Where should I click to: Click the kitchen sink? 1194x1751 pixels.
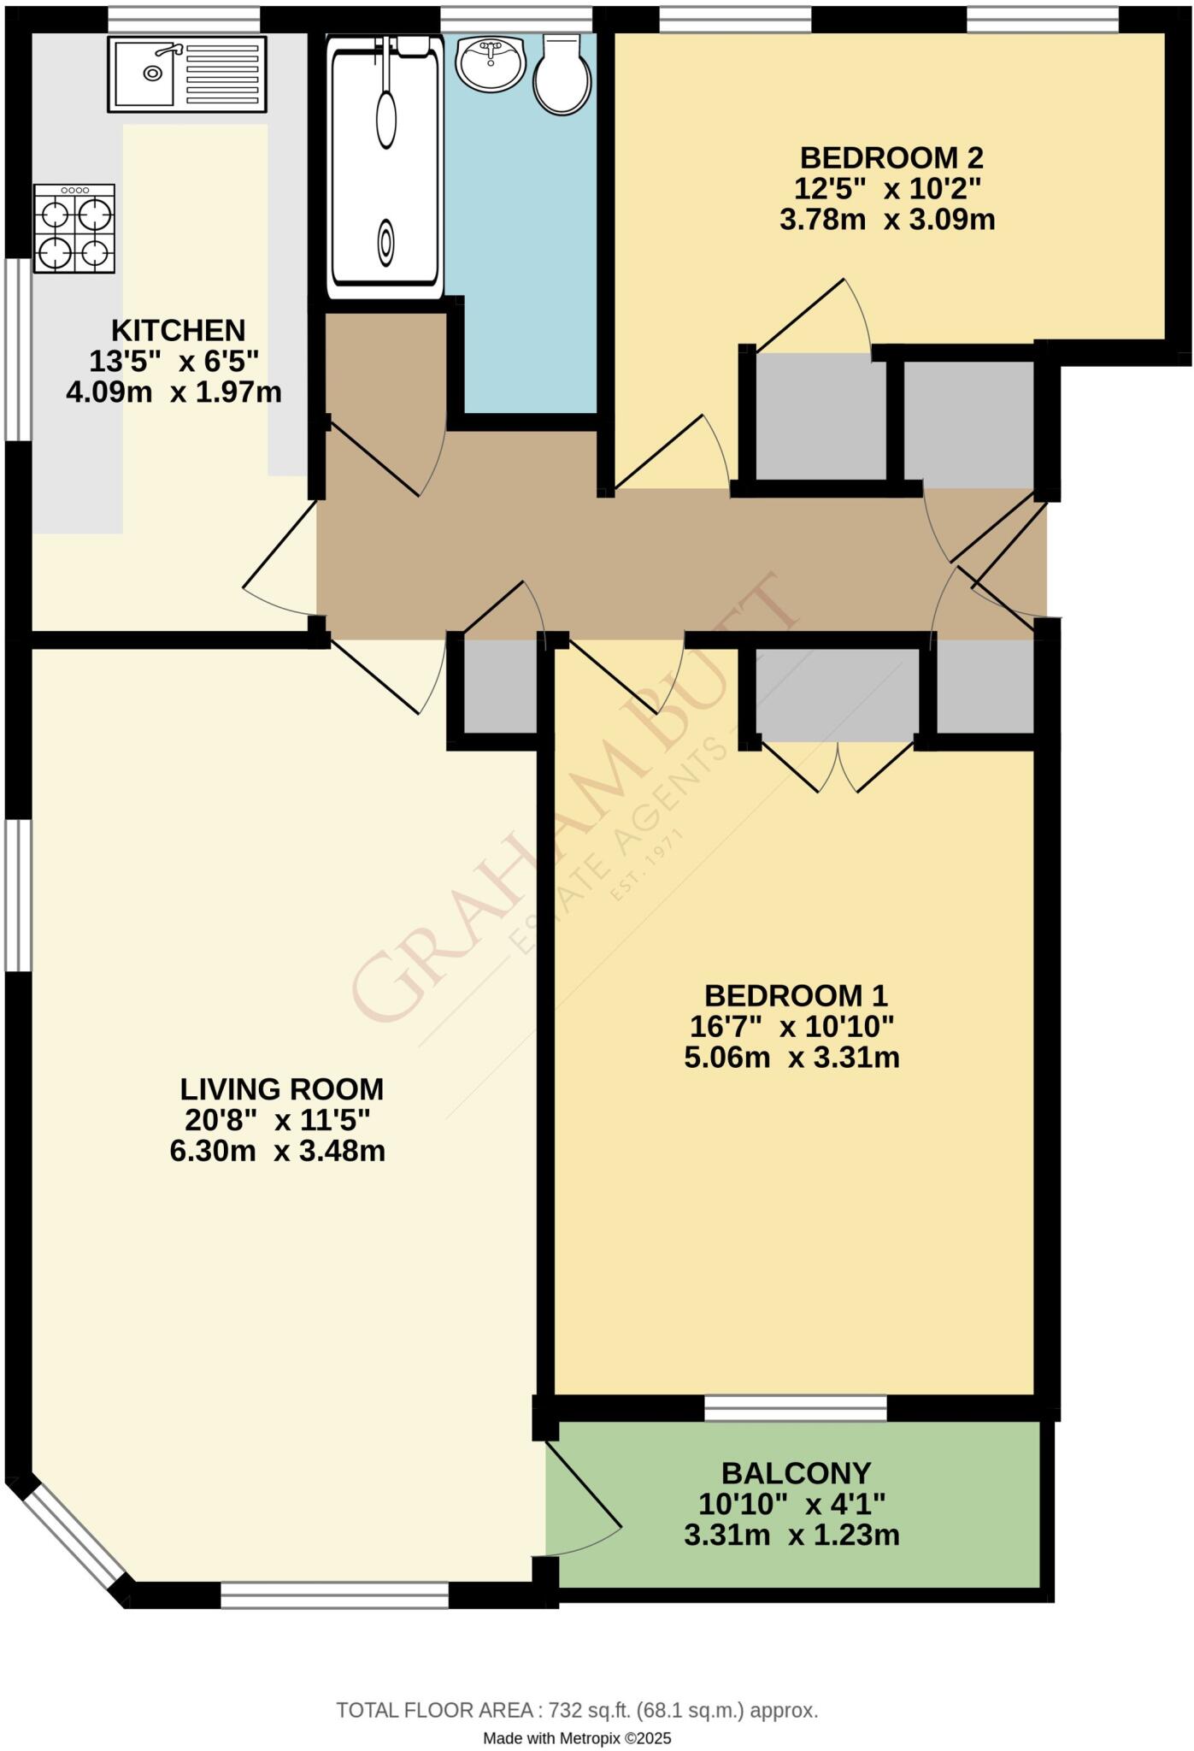[186, 74]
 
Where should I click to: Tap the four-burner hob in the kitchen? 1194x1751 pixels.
[74, 229]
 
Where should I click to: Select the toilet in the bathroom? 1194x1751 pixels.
[562, 75]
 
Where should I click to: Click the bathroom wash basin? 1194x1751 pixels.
[490, 62]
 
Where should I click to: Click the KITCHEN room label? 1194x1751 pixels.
[179, 330]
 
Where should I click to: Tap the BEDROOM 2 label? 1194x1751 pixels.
[891, 158]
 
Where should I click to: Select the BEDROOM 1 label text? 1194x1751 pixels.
[795, 995]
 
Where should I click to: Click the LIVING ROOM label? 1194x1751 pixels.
[281, 1089]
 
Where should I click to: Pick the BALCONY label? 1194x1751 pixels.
[795, 1473]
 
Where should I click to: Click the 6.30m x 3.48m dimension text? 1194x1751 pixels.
[277, 1151]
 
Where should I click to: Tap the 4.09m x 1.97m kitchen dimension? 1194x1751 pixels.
[174, 392]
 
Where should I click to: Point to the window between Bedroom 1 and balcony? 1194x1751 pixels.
[795, 1407]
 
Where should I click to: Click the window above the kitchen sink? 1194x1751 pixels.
[184, 20]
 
